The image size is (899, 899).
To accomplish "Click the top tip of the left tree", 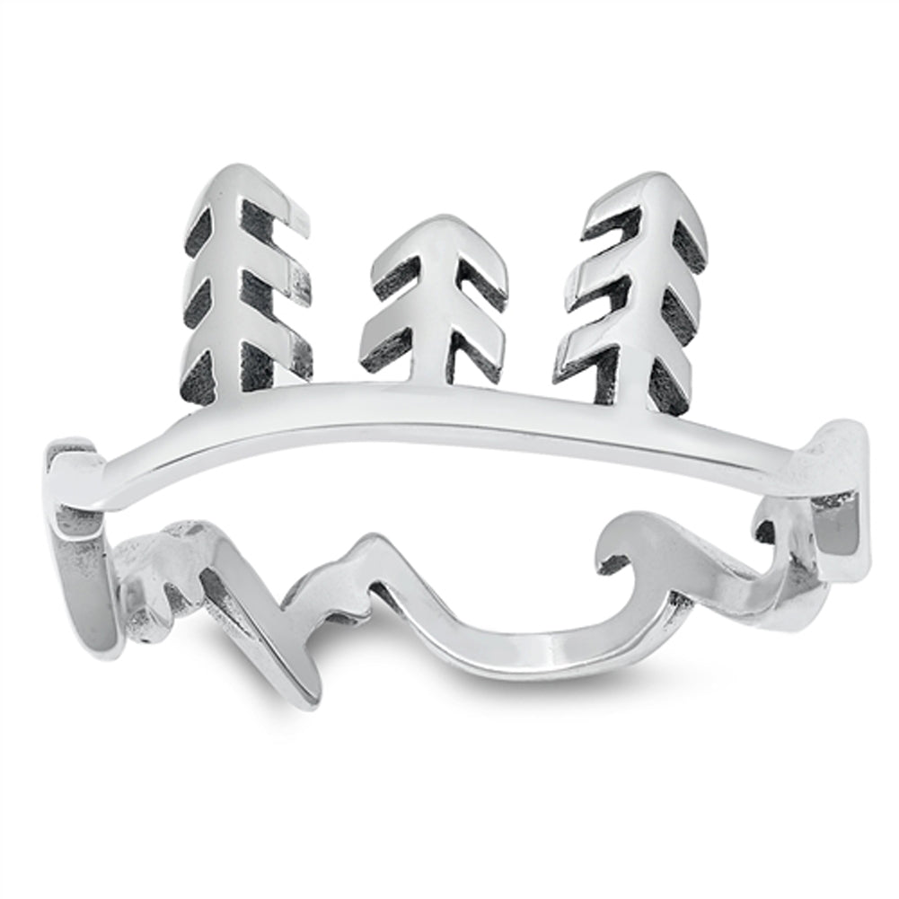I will tap(235, 171).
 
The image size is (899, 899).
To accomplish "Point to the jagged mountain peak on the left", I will tap(180, 530).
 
